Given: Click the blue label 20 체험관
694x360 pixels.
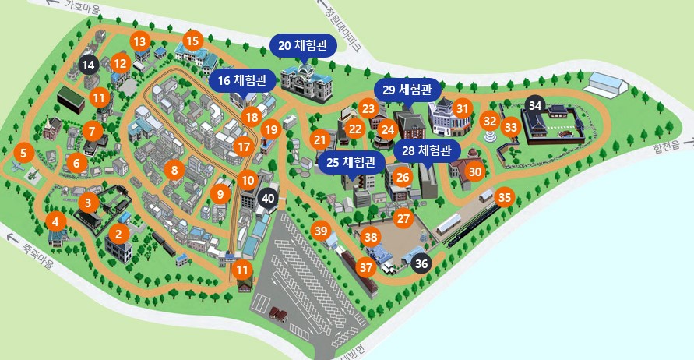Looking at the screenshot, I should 303,45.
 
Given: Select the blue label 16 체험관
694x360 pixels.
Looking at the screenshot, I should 241,80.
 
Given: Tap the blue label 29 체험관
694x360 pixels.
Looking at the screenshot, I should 407,89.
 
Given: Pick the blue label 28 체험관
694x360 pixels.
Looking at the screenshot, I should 428,150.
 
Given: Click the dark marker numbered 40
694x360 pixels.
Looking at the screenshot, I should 268,198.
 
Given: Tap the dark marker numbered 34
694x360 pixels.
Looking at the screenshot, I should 534,105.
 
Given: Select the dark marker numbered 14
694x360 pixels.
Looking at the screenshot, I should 88,65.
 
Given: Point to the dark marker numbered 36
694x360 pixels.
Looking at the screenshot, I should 421,263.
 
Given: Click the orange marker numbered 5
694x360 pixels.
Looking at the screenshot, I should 23,154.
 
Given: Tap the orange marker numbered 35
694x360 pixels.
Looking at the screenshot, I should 505,197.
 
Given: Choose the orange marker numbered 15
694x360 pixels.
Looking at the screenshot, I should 192,40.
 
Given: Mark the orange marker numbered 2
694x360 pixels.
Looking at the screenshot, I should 118,233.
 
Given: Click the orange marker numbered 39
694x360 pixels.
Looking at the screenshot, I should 321,230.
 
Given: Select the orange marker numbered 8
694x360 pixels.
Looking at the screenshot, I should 175,169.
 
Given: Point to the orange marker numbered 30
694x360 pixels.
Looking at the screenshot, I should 475,171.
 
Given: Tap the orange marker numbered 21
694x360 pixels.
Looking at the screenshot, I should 319,140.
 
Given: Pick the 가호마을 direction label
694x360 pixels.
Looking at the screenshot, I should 78,5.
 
